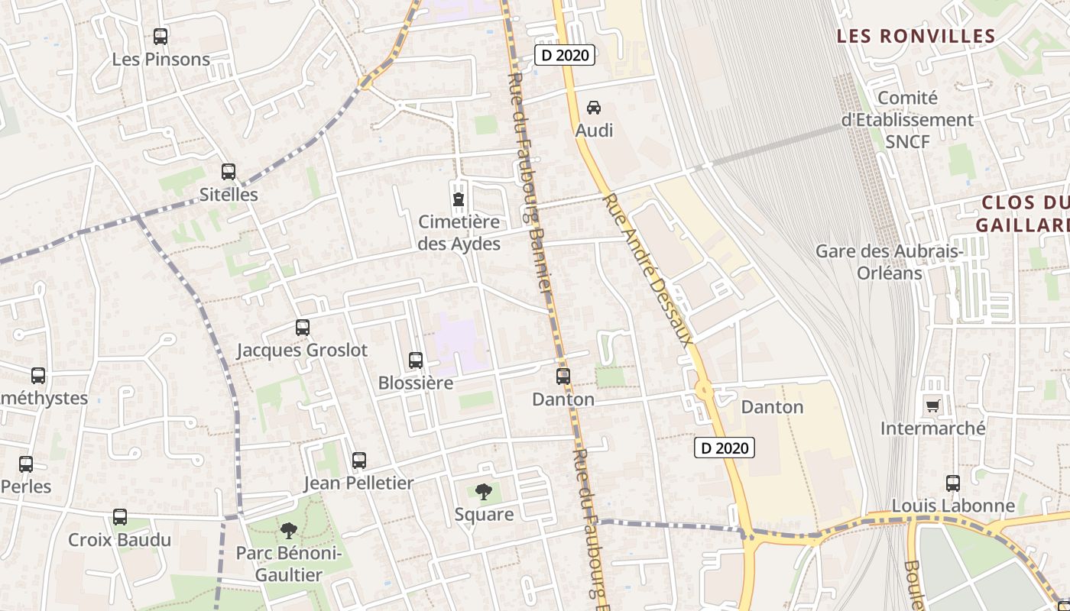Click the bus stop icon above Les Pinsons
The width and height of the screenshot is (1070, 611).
pos(160,36)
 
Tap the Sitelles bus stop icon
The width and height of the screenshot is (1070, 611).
pos(229,172)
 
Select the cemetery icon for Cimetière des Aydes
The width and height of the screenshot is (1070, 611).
pos(459,200)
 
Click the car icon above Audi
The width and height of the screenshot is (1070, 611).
pos(594,108)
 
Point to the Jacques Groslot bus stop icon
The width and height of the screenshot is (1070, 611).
pos(303,328)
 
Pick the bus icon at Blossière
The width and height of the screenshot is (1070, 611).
pos(416,360)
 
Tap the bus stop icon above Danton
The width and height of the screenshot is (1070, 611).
pos(563,377)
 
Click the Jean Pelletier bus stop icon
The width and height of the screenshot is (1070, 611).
pos(359,461)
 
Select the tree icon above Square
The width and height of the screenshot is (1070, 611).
pos(483,492)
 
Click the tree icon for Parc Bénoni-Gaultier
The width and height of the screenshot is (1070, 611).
pos(288,530)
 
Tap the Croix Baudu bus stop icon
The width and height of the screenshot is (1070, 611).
pos(120,517)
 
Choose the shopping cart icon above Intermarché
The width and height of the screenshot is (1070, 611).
pos(932,406)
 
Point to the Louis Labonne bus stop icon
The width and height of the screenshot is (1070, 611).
pos(953,483)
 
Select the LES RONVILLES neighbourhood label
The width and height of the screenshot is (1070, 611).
pos(916,36)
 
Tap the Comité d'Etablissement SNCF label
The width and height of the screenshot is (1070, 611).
pos(907,120)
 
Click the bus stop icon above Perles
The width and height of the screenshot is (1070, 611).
pos(26,464)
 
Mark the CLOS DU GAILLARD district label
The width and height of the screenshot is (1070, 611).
pos(1024,214)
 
